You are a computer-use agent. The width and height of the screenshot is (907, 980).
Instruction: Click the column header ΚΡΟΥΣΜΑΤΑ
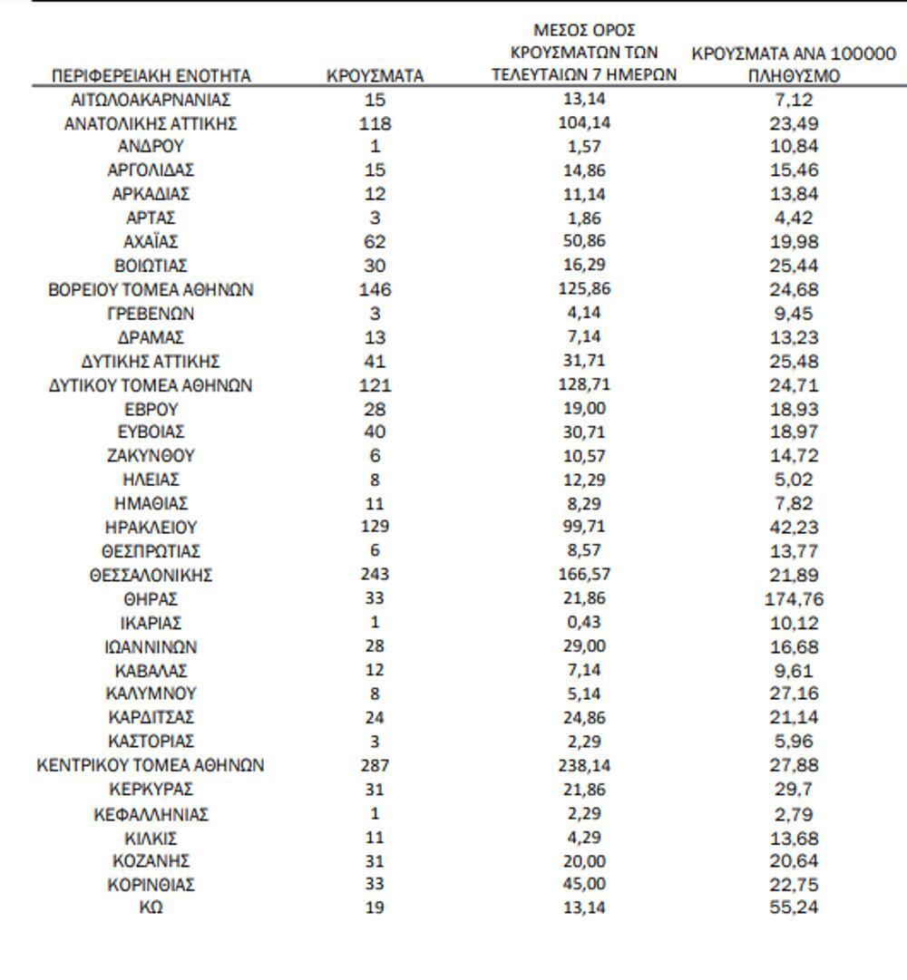375,76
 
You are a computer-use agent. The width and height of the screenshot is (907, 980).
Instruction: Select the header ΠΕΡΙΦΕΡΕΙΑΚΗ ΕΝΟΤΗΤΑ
151,76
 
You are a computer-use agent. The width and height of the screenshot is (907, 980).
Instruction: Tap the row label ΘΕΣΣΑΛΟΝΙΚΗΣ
151,575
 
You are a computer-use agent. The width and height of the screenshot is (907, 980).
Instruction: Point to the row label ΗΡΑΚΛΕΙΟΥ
151,527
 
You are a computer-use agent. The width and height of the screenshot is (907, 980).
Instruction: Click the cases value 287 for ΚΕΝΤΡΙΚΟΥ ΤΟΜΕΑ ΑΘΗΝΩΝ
375,765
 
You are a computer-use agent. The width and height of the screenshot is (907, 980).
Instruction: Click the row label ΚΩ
151,907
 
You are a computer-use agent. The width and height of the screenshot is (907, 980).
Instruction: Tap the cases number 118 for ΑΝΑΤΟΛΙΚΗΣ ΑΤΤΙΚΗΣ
375,123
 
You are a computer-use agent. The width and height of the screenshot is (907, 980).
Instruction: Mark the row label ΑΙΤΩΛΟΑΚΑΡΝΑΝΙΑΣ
151,99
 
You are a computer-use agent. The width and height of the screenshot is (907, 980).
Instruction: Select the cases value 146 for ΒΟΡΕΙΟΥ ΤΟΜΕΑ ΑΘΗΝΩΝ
375,290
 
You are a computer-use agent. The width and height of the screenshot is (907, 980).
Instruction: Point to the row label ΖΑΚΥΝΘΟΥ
151,456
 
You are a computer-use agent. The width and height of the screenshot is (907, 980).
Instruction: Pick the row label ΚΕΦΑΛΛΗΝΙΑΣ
151,813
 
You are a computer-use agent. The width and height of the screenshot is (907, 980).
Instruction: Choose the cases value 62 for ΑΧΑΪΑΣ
375,242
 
